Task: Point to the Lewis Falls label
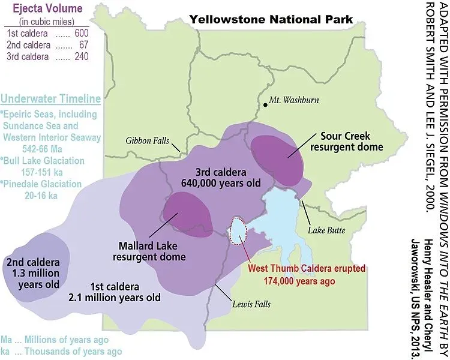click(x=251, y=304)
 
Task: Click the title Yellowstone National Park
click(x=271, y=20)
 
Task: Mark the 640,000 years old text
click(x=229, y=183)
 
